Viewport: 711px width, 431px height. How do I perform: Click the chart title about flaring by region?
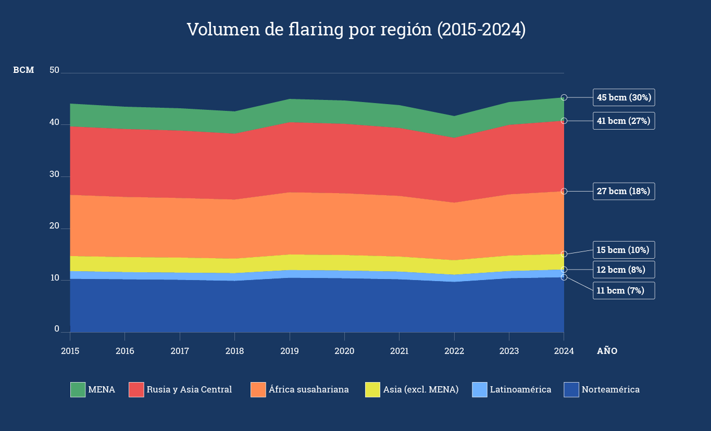(x=356, y=30)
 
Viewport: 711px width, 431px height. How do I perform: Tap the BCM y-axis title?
(x=23, y=70)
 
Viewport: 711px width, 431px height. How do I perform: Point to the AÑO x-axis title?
(x=607, y=351)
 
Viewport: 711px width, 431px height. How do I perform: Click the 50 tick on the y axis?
(x=55, y=70)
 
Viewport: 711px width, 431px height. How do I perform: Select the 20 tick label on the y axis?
(x=55, y=226)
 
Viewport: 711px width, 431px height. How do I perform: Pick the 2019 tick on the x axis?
(x=289, y=351)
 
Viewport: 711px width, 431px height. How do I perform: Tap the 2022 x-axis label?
(x=454, y=351)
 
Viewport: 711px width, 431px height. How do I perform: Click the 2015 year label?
(x=70, y=351)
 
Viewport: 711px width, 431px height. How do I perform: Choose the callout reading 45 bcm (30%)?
(x=624, y=97)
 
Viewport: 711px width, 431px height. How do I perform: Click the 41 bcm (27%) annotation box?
(x=624, y=121)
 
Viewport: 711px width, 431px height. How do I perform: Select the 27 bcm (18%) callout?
(x=624, y=191)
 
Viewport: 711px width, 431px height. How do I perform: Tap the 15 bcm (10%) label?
(x=624, y=250)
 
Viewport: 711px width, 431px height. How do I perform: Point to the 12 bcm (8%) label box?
(x=624, y=270)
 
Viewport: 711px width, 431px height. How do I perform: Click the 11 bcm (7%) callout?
(x=624, y=290)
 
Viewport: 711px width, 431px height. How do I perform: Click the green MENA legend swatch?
(x=78, y=389)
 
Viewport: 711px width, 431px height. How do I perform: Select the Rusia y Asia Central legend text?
(x=189, y=389)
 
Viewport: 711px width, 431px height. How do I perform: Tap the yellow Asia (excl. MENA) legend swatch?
(x=373, y=389)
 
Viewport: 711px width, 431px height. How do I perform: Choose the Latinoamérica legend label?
(x=520, y=389)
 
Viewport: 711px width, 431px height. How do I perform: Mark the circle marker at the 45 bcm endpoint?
(x=564, y=97)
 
